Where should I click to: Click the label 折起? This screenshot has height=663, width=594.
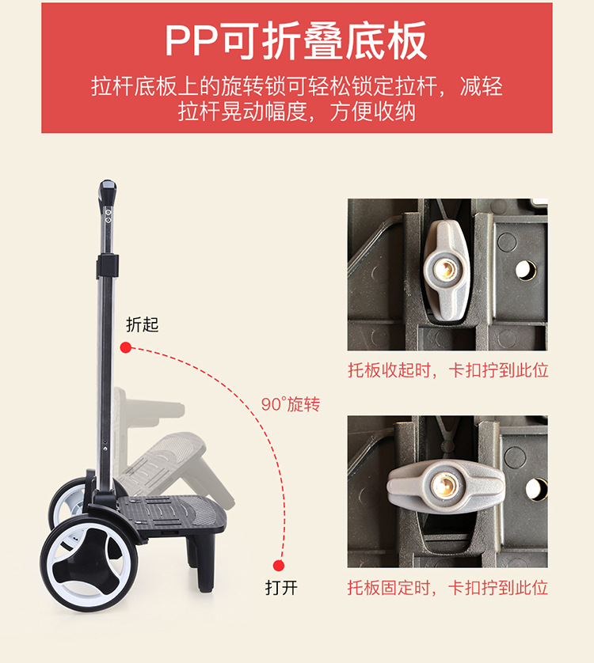143,324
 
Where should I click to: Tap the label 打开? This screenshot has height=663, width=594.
281,589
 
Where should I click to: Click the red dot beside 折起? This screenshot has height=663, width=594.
126,347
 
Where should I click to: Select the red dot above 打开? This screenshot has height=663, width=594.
278,565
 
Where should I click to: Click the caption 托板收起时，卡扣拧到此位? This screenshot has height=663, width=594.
447,370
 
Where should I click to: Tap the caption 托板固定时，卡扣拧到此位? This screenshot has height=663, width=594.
447,588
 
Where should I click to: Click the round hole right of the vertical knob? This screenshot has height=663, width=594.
526,271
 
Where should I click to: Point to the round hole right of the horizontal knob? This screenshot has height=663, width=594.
536,488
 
